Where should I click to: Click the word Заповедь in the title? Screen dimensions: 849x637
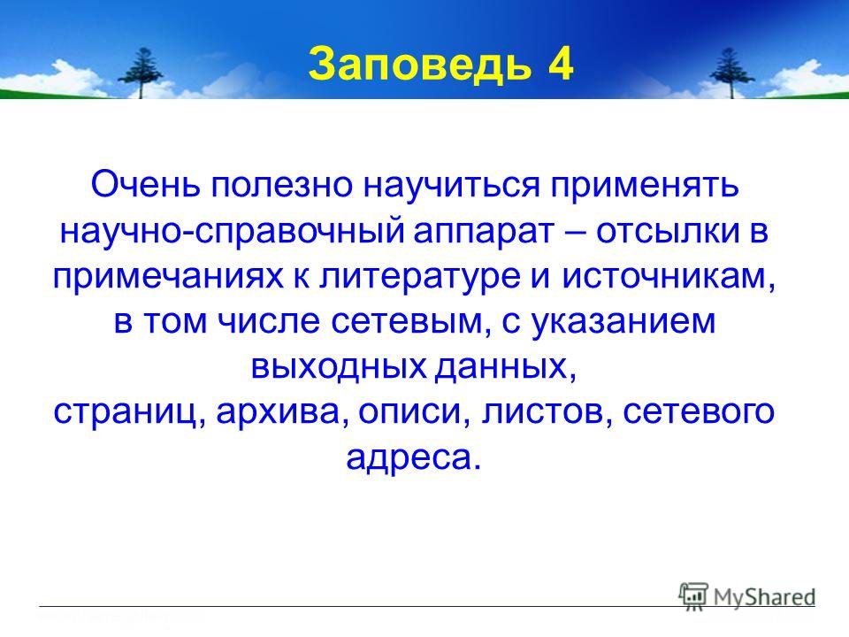tap(419, 65)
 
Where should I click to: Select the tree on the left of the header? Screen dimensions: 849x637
tap(141, 73)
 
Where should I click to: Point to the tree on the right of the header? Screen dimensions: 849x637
tap(732, 73)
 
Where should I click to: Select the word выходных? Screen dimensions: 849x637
tap(339, 367)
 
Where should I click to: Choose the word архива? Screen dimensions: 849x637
tap(280, 414)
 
